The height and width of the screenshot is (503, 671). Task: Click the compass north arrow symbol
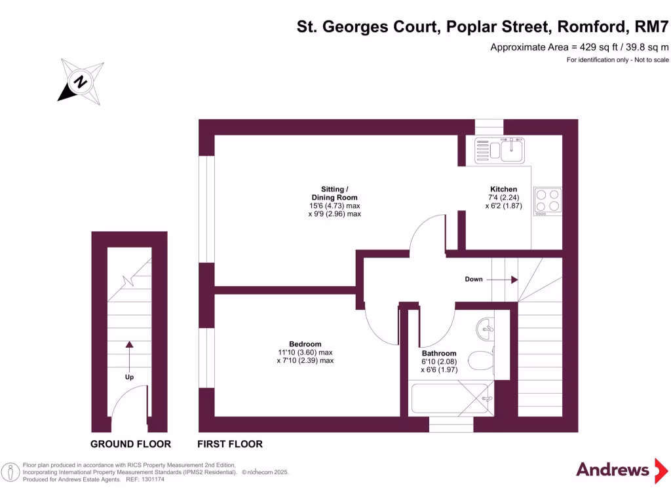(81, 82)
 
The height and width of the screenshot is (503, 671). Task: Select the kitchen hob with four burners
(548, 200)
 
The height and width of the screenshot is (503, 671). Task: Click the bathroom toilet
(481, 361)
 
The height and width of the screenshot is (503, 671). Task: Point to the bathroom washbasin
(486, 325)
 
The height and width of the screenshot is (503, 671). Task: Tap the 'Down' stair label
(474, 279)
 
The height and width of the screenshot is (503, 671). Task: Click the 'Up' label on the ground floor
(129, 377)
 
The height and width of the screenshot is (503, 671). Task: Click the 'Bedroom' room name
(305, 345)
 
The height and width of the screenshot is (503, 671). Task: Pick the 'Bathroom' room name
(438, 354)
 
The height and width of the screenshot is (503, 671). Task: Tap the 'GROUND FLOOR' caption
(130, 444)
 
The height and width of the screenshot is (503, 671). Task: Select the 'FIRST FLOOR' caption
(231, 444)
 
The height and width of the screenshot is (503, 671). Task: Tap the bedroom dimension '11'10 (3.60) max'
(305, 352)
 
